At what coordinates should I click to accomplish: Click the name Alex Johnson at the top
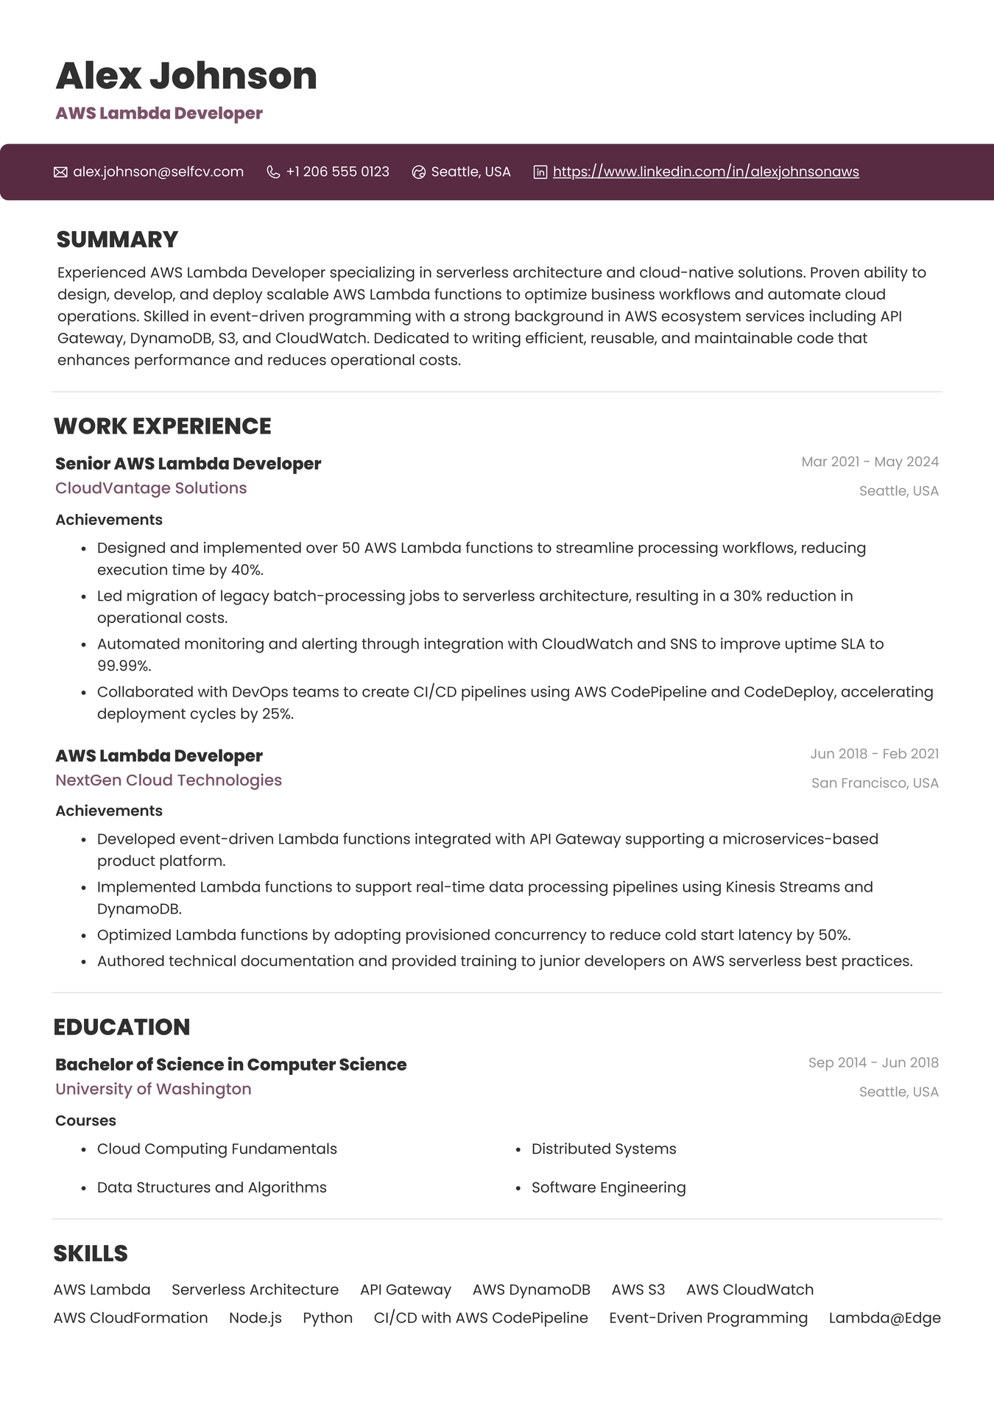pyautogui.click(x=186, y=76)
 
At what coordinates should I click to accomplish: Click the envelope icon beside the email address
pyautogui.click(x=60, y=172)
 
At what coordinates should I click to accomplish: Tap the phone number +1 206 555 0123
pyautogui.click(x=337, y=172)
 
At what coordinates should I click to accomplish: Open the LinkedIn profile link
pyautogui.click(x=705, y=172)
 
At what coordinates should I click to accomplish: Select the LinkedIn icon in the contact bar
pyautogui.click(x=540, y=172)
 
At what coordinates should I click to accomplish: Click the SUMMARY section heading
pyautogui.click(x=117, y=239)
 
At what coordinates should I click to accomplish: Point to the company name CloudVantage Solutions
pyautogui.click(x=151, y=488)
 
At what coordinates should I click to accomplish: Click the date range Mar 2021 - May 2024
pyautogui.click(x=870, y=462)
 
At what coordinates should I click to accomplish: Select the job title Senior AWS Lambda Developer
pyautogui.click(x=188, y=464)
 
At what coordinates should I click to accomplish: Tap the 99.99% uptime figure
pyautogui.click(x=124, y=666)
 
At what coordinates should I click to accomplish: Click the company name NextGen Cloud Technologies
pyautogui.click(x=169, y=780)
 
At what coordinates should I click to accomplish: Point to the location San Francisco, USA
pyautogui.click(x=875, y=783)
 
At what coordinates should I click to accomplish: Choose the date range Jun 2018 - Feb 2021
pyautogui.click(x=874, y=754)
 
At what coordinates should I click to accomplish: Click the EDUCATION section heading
pyautogui.click(x=121, y=1027)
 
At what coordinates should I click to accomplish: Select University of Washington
pyautogui.click(x=153, y=1089)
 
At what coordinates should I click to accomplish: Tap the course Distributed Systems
pyautogui.click(x=604, y=1149)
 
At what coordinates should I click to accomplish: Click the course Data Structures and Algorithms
pyautogui.click(x=211, y=1188)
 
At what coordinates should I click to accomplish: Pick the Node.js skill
pyautogui.click(x=255, y=1318)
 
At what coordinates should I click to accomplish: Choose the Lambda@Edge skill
pyautogui.click(x=884, y=1318)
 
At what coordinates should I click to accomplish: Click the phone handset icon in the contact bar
pyautogui.click(x=273, y=172)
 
